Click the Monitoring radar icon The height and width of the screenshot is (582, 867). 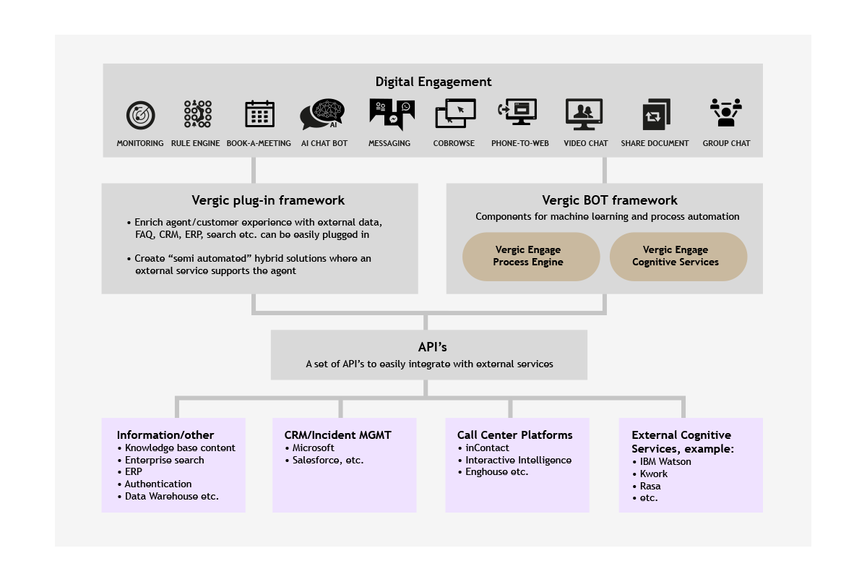[x=140, y=115]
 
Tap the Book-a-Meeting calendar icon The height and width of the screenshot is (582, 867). [x=259, y=114]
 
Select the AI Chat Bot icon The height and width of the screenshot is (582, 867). [x=322, y=114]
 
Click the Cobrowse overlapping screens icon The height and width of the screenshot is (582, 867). [x=456, y=113]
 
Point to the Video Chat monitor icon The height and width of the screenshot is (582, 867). [x=584, y=114]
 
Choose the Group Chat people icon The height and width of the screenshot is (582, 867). [x=726, y=112]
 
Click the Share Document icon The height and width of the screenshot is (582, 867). [x=657, y=114]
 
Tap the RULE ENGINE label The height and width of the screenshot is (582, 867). [x=196, y=143]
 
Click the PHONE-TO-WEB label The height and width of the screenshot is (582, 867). [x=519, y=143]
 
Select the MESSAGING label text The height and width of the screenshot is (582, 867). [x=389, y=143]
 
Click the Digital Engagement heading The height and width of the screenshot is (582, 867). [x=433, y=82]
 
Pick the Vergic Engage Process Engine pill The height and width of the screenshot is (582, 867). [x=531, y=257]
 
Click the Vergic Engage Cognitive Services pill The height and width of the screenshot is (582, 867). [x=678, y=257]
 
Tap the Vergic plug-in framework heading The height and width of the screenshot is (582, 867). [x=268, y=200]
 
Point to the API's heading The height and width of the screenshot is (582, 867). [x=432, y=347]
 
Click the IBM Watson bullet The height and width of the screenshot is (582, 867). [x=662, y=461]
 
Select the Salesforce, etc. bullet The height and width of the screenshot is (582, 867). [x=324, y=461]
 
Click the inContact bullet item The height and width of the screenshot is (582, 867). [x=483, y=448]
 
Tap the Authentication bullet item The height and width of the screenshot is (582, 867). [x=155, y=484]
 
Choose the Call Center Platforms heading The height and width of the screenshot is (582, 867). [x=514, y=435]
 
